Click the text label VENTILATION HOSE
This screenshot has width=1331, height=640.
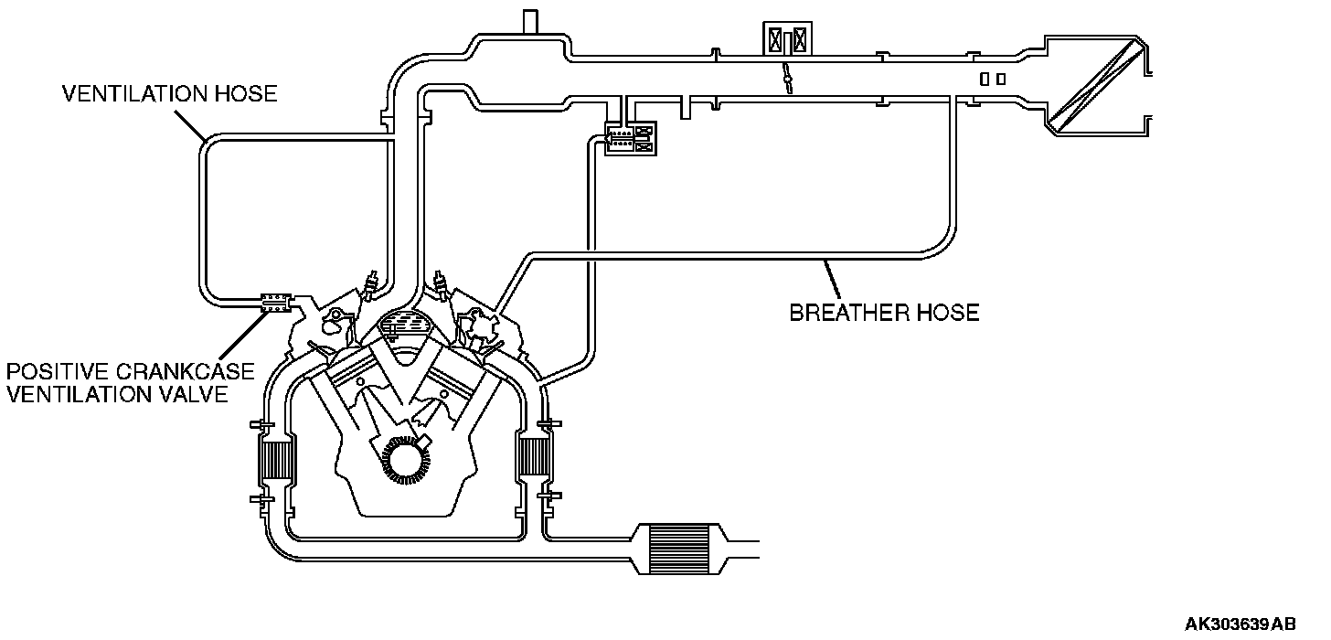coord(169,94)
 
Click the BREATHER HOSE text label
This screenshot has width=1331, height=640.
coord(884,313)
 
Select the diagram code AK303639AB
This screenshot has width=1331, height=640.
coord(1240,624)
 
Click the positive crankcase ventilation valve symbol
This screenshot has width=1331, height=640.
coord(275,302)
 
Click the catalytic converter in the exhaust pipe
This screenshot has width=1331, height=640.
coord(676,549)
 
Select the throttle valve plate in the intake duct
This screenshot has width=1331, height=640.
coord(785,79)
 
